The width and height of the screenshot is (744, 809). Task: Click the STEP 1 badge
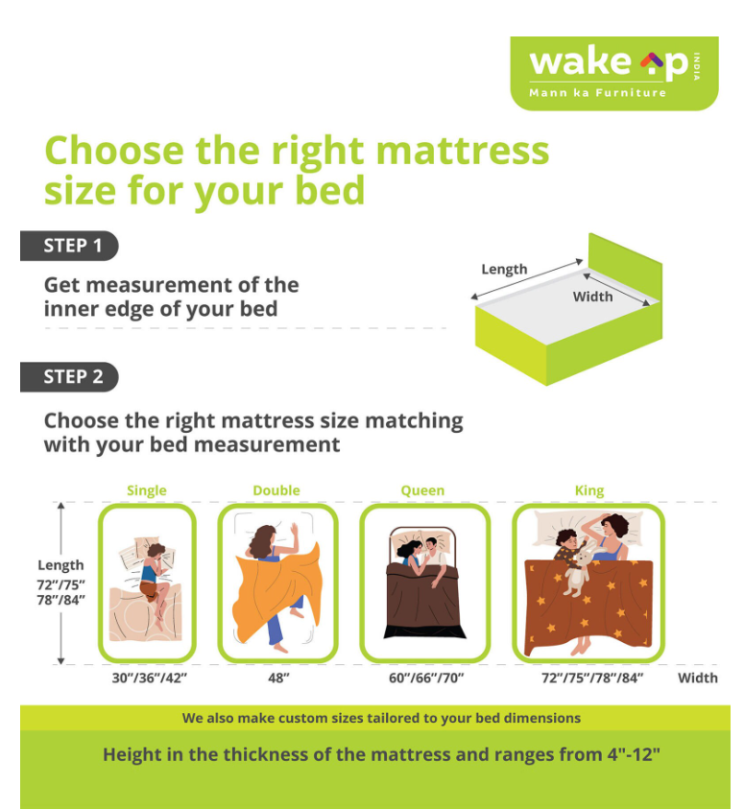point(69,246)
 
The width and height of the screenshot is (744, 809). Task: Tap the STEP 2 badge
point(69,376)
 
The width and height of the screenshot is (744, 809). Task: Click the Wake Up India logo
point(614,73)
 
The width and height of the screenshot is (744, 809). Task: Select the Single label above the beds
point(147,490)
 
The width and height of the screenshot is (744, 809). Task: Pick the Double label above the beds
point(276,490)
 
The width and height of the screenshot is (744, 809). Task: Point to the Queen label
point(422,490)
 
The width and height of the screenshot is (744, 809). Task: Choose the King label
point(589,490)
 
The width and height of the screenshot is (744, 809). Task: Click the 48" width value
point(278,678)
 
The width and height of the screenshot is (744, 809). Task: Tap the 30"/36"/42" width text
point(150,678)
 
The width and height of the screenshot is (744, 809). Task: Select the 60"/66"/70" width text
point(426,678)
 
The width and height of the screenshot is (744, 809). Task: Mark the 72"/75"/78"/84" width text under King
point(592,678)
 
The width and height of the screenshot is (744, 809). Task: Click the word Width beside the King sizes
point(698,678)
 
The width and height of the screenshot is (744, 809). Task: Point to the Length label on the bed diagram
point(504,269)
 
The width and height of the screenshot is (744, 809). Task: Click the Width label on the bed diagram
point(593,297)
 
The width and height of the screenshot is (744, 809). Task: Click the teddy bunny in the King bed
point(577,572)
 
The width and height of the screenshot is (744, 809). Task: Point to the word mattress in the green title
point(463,151)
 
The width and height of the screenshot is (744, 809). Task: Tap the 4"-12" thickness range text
point(634,754)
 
